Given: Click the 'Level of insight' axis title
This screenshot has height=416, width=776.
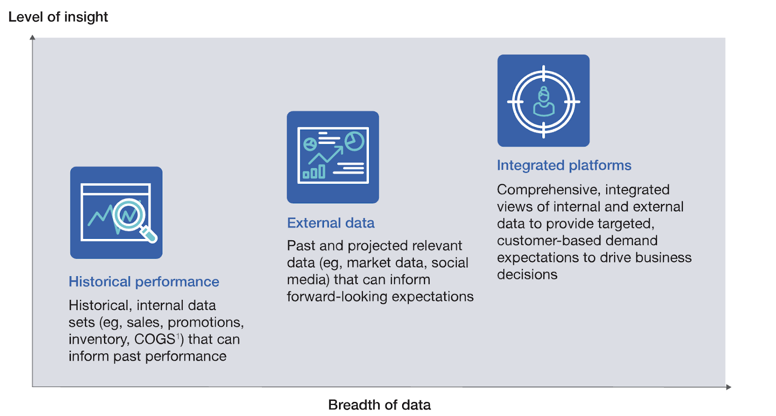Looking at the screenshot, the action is click(58, 17).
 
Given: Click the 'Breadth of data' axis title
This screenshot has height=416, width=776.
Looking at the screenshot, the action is click(379, 404).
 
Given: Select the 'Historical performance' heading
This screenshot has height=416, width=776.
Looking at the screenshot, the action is click(144, 282).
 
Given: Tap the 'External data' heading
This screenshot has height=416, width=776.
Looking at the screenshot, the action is click(331, 223).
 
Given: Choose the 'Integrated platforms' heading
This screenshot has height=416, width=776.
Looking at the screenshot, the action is click(564, 166).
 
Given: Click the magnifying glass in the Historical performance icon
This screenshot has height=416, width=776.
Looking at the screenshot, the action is click(134, 220).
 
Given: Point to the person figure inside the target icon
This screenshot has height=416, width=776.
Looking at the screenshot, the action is click(544, 101).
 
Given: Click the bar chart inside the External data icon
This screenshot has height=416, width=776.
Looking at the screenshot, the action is click(314, 172).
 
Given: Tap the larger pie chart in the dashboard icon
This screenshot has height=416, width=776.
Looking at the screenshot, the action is click(355, 141).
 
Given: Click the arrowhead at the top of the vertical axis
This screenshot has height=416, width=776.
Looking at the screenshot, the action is click(32, 37).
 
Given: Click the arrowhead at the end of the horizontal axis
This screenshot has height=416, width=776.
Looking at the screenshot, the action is click(728, 387).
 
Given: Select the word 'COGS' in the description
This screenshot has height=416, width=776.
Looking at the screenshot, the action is click(155, 339).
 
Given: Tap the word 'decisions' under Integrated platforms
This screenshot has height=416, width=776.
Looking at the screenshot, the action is click(527, 275).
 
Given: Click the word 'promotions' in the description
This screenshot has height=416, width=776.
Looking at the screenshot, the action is click(206, 323).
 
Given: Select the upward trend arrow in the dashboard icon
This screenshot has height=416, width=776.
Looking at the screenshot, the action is click(325, 155).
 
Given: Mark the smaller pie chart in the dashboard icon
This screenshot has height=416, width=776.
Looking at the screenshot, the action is click(310, 144).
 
